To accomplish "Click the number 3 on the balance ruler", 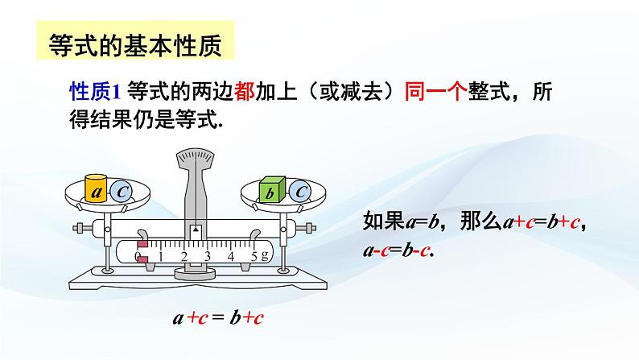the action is [207, 257].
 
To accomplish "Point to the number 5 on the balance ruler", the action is [254, 257].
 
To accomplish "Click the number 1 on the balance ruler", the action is [160, 257].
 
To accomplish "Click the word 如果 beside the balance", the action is [378, 221].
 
